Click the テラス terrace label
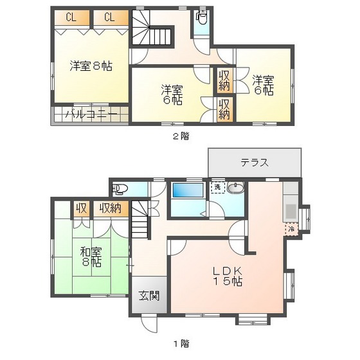[x=255, y=163]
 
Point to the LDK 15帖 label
[x=228, y=275]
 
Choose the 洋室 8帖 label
[x=91, y=66]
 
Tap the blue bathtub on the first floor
[x=188, y=191]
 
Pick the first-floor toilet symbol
[x=121, y=189]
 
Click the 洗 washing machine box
[x=218, y=187]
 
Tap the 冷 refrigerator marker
[x=290, y=228]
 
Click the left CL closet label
[x=71, y=17]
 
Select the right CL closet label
[x=109, y=17]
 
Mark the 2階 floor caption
[x=180, y=136]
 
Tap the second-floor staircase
[x=153, y=29]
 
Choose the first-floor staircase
[x=141, y=229]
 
